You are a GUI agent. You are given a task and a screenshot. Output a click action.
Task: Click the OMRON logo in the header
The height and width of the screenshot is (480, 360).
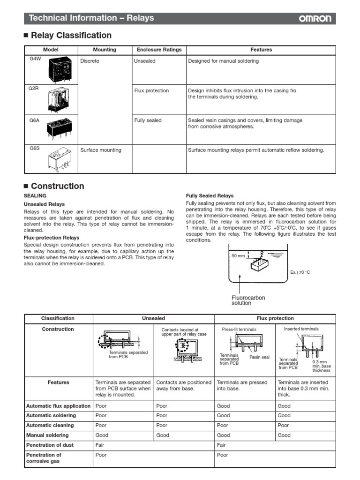(315, 19)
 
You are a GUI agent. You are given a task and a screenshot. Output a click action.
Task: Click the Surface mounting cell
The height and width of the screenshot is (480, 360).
(101, 150)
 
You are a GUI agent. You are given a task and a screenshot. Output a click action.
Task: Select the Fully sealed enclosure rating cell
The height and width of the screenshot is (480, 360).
(148, 120)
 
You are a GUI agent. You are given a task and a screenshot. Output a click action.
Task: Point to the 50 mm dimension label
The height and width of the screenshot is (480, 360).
(239, 256)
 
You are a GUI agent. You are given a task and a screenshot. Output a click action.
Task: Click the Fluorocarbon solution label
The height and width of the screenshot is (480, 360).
(245, 300)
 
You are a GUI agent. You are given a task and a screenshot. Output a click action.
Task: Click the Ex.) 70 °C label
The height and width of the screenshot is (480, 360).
(300, 272)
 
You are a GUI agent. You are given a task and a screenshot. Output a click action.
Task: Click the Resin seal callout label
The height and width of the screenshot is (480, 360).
(259, 357)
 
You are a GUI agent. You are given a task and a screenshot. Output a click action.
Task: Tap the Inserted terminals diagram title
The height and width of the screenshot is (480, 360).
(301, 329)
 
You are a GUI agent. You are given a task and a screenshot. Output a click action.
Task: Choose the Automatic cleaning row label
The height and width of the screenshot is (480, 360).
(50, 426)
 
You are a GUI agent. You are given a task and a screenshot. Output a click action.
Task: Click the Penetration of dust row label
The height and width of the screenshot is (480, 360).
(50, 445)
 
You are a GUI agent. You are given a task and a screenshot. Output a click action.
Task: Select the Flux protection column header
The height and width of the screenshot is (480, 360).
(275, 318)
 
